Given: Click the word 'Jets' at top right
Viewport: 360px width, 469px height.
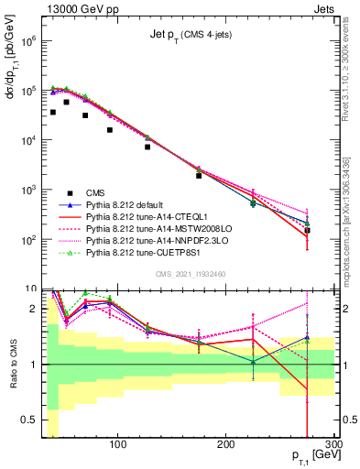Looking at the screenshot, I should (x=323, y=7).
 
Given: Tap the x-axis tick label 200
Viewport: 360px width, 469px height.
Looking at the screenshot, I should (x=226, y=444).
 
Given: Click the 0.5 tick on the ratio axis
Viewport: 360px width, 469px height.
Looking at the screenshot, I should (x=28, y=420).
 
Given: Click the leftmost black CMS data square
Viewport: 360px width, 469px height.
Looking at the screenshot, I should (x=53, y=112).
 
